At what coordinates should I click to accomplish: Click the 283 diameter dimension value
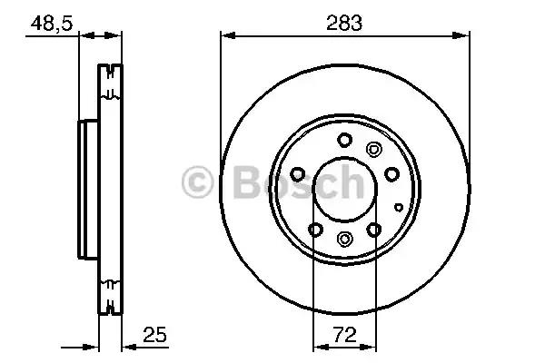(344, 23)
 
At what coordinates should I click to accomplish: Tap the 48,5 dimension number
(52, 24)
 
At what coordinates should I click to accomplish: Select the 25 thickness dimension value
(155, 335)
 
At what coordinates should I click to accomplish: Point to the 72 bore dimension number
(345, 335)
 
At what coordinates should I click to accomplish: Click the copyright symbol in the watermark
(197, 182)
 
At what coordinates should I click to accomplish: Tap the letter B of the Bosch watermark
(247, 181)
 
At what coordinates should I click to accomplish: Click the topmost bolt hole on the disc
(345, 140)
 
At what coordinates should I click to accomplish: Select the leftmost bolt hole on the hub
(298, 174)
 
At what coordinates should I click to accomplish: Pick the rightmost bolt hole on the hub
(391, 173)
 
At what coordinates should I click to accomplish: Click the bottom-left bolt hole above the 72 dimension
(315, 230)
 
